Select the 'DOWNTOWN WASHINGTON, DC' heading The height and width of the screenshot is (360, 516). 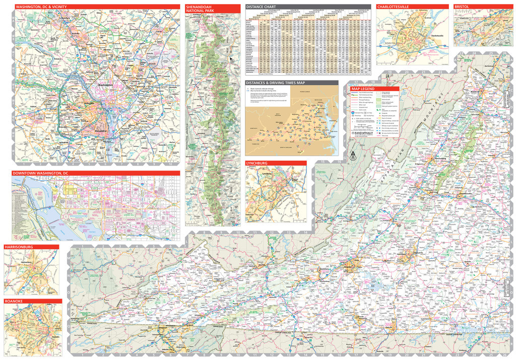40,173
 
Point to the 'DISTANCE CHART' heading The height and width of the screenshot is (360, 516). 260,7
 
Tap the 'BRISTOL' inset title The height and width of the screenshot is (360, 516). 462,7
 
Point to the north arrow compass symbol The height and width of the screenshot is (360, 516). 352,155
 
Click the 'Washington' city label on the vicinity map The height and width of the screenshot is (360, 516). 105,85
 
